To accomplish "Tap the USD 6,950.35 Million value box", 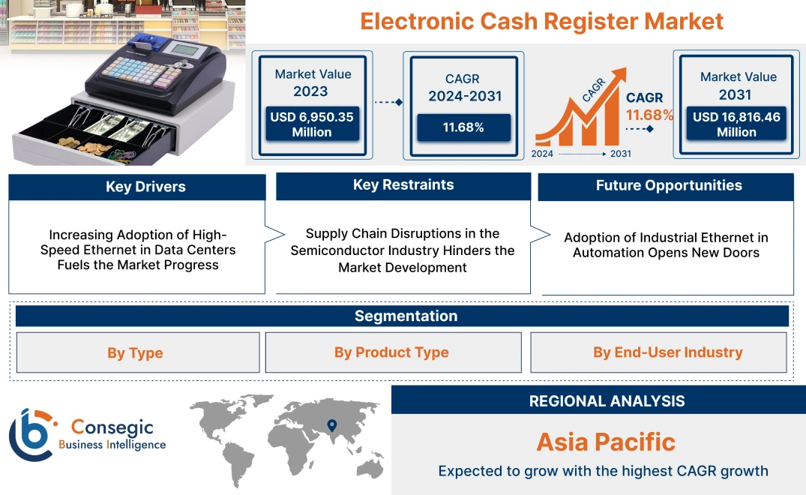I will point(312,124).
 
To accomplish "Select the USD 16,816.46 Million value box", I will point(736,124).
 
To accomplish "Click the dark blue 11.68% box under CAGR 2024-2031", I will point(463,127).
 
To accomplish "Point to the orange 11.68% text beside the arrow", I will point(649,115).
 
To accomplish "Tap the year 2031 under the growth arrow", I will point(620,154).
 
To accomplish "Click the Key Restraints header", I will point(403,185).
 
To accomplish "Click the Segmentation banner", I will point(406,316).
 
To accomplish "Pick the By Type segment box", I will point(135,353).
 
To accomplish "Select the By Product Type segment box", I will point(391,352).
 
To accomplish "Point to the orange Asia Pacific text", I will point(606,442).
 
